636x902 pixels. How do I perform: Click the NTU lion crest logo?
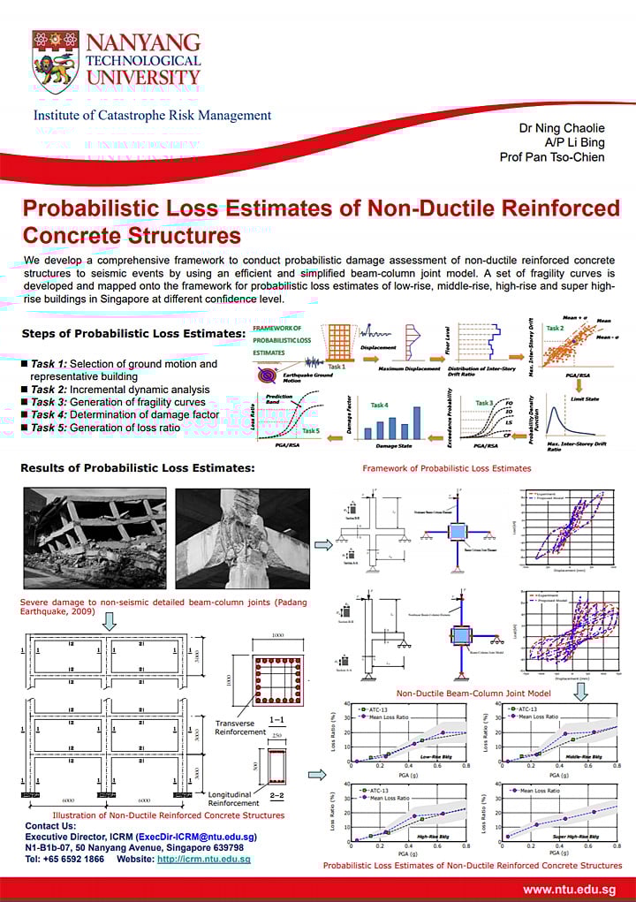coord(55,62)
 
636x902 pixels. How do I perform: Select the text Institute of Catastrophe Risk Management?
coord(152,116)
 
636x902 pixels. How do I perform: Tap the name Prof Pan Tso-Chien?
coord(552,157)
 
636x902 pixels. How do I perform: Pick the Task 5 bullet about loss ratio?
coord(111,428)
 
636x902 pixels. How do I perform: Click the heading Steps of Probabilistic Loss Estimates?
coord(133,333)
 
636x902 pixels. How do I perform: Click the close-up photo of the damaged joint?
coord(242,539)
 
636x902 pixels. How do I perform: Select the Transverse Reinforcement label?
coord(240,726)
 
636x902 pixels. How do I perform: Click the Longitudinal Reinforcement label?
coord(234,798)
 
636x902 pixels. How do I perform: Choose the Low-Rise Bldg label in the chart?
coord(435,756)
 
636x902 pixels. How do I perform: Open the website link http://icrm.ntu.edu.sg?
coord(203,859)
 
